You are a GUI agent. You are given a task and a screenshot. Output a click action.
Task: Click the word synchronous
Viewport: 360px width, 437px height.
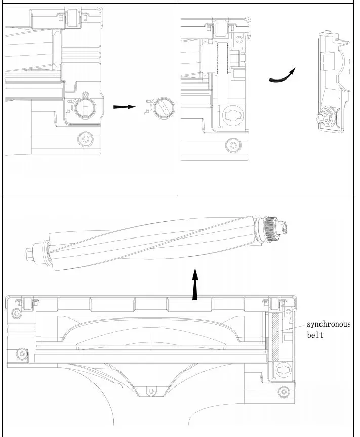pyautogui.click(x=329, y=324)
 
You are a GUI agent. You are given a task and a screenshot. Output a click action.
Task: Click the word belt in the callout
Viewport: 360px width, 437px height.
pyautogui.click(x=314, y=335)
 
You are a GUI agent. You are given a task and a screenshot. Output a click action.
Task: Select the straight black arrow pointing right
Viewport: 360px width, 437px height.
pyautogui.click(x=124, y=107)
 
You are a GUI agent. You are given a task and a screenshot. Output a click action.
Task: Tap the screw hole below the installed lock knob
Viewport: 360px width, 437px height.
pyautogui.click(x=85, y=139)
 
